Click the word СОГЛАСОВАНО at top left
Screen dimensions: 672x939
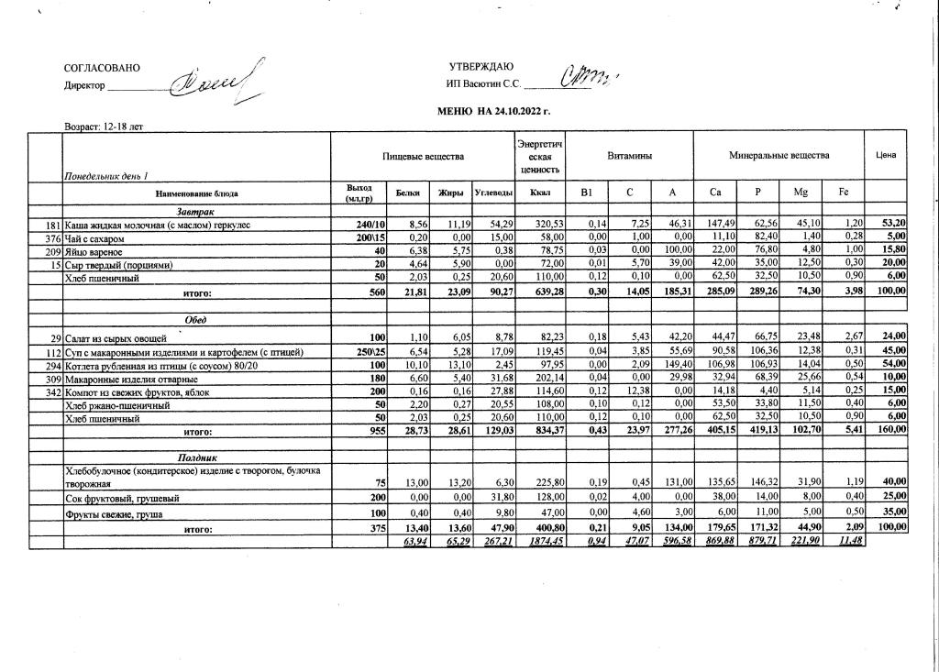click(103, 69)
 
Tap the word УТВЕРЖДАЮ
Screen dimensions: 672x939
click(481, 67)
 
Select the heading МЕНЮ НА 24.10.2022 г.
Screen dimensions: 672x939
click(495, 112)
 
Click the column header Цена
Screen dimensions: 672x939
click(886, 156)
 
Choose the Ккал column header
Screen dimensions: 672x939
click(539, 193)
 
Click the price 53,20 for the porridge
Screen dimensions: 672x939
click(893, 224)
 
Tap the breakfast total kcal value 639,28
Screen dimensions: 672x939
click(540, 292)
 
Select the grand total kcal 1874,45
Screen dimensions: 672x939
click(540, 541)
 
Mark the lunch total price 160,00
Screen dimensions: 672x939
click(891, 429)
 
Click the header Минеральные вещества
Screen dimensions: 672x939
click(779, 156)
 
